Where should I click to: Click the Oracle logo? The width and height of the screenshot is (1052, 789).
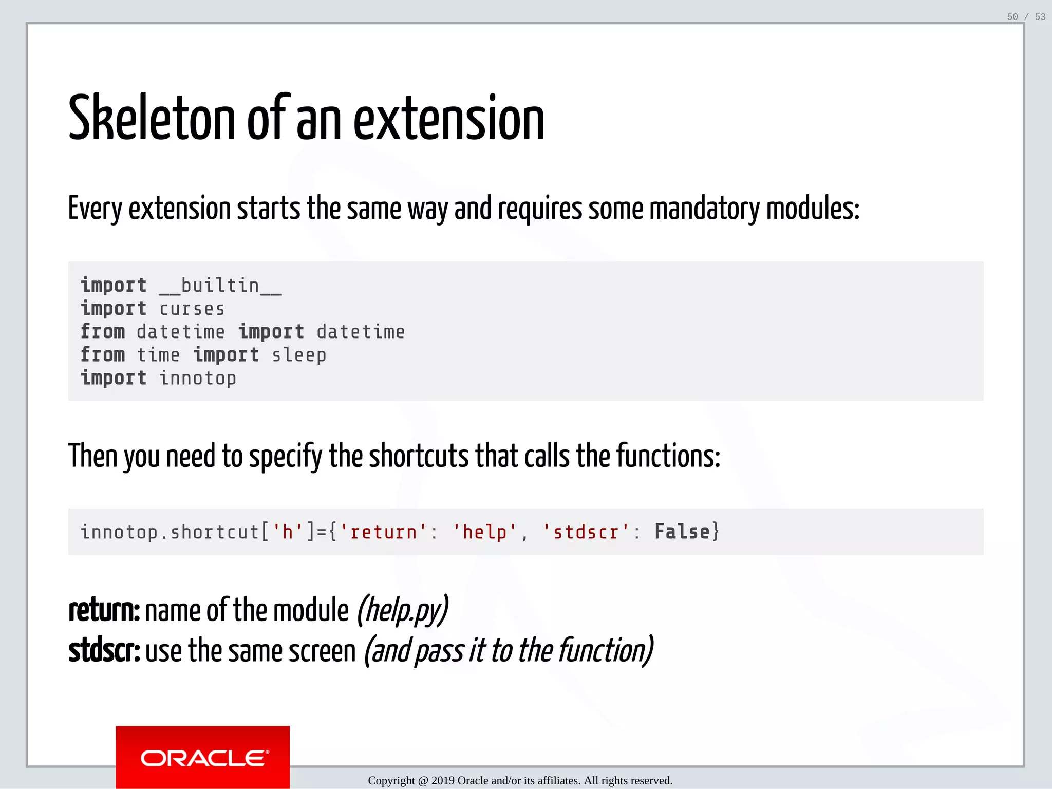coord(202,758)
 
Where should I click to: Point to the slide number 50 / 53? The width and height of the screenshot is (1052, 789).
coord(1026,17)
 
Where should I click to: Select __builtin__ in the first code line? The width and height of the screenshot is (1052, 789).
coord(220,286)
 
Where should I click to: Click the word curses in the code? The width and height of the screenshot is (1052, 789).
coord(192,309)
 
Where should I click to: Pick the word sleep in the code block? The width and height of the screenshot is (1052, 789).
coord(299,355)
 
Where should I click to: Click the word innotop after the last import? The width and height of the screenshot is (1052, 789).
coord(198,379)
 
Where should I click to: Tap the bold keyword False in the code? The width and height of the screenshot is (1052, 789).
coord(682,532)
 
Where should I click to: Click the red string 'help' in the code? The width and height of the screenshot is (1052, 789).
coord(485,532)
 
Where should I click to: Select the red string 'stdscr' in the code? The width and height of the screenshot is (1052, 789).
coord(586,532)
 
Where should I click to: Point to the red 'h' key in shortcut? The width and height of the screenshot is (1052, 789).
coord(287,532)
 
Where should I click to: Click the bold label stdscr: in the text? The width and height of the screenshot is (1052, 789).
coord(104,651)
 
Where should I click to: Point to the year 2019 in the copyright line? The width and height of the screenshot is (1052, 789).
coord(443,781)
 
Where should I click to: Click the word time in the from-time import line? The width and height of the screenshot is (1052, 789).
coord(158,355)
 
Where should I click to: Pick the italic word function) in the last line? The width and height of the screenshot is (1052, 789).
coord(606,651)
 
